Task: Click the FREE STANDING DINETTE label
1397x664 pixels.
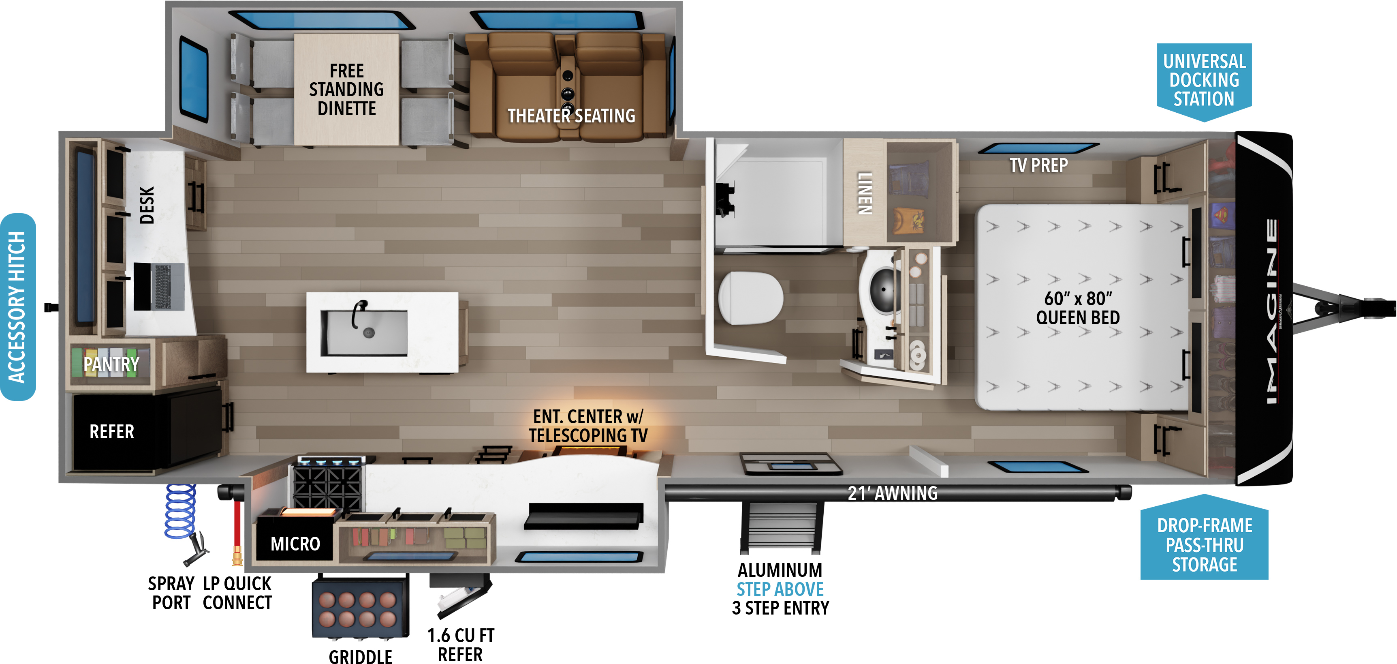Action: (346, 90)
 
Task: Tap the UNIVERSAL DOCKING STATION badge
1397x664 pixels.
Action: (1204, 81)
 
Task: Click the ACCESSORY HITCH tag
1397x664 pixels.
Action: (18, 307)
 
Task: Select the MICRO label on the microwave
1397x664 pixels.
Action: (295, 544)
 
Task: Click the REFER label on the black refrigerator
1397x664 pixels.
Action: (112, 432)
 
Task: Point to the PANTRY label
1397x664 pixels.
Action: (111, 364)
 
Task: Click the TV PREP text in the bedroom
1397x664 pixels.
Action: (1038, 165)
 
